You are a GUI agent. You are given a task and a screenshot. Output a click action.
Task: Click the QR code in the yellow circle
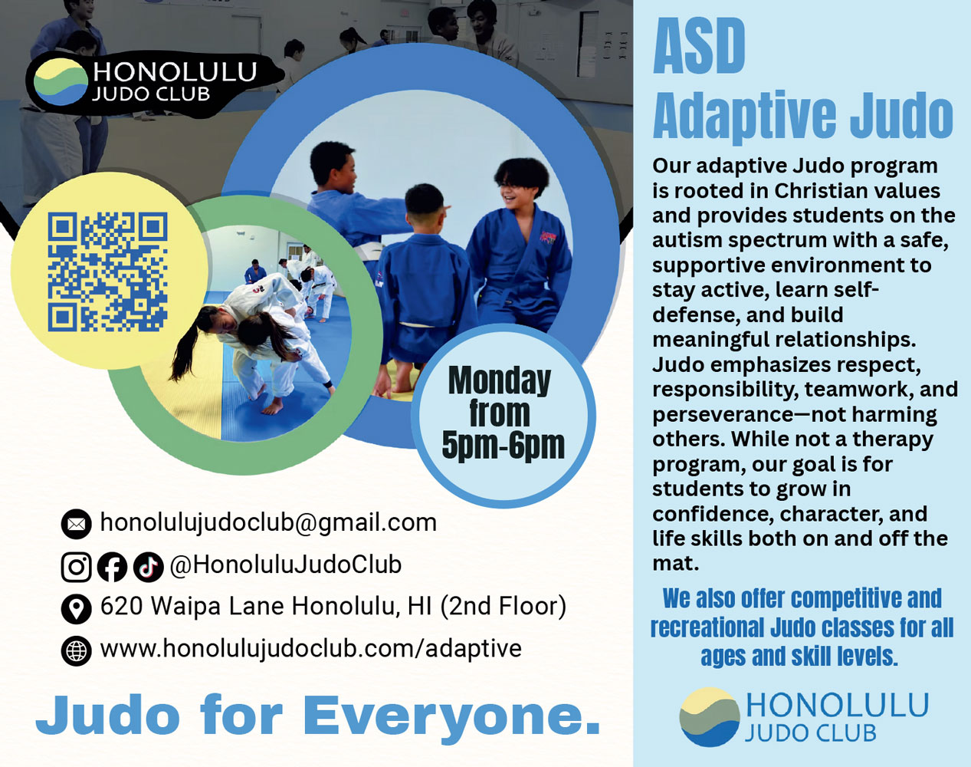pyautogui.click(x=107, y=272)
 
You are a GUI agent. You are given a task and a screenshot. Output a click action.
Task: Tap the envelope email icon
pyautogui.click(x=76, y=524)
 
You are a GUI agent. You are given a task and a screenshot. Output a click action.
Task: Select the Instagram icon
pyautogui.click(x=76, y=567)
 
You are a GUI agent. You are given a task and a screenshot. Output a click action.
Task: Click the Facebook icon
pyautogui.click(x=112, y=567)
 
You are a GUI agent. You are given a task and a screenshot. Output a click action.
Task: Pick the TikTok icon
pyautogui.click(x=148, y=567)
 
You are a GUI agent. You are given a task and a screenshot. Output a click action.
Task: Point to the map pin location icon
pyautogui.click(x=76, y=608)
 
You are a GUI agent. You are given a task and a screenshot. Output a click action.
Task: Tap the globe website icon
pyautogui.click(x=76, y=650)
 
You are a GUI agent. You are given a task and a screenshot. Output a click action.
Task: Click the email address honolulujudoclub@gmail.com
pyautogui.click(x=268, y=523)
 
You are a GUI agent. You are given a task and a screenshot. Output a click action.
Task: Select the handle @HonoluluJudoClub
pyautogui.click(x=285, y=565)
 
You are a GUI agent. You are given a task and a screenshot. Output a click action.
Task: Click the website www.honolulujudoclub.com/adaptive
pyautogui.click(x=310, y=649)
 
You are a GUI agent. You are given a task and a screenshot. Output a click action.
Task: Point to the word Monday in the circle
pyautogui.click(x=500, y=380)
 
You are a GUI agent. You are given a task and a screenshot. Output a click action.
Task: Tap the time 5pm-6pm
pyautogui.click(x=503, y=445)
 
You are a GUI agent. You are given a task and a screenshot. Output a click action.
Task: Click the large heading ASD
pyautogui.click(x=699, y=48)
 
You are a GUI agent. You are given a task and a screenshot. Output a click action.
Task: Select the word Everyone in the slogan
pyautogui.click(x=452, y=716)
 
